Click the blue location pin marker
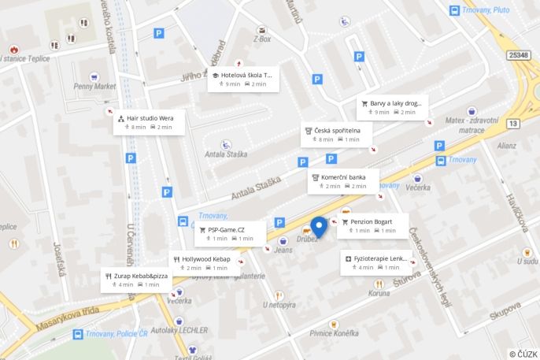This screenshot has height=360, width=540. point(318,227)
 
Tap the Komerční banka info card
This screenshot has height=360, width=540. point(342,181)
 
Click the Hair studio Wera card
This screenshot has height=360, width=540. point(149,122)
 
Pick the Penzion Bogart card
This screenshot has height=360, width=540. point(372,226)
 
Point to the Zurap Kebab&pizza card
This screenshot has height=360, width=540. point(135,280)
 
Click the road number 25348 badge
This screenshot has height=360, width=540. point(518,55)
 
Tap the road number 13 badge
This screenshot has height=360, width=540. point(513,124)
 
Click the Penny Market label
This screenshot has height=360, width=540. point(94,86)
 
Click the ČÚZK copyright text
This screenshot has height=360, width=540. point(523,354)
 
